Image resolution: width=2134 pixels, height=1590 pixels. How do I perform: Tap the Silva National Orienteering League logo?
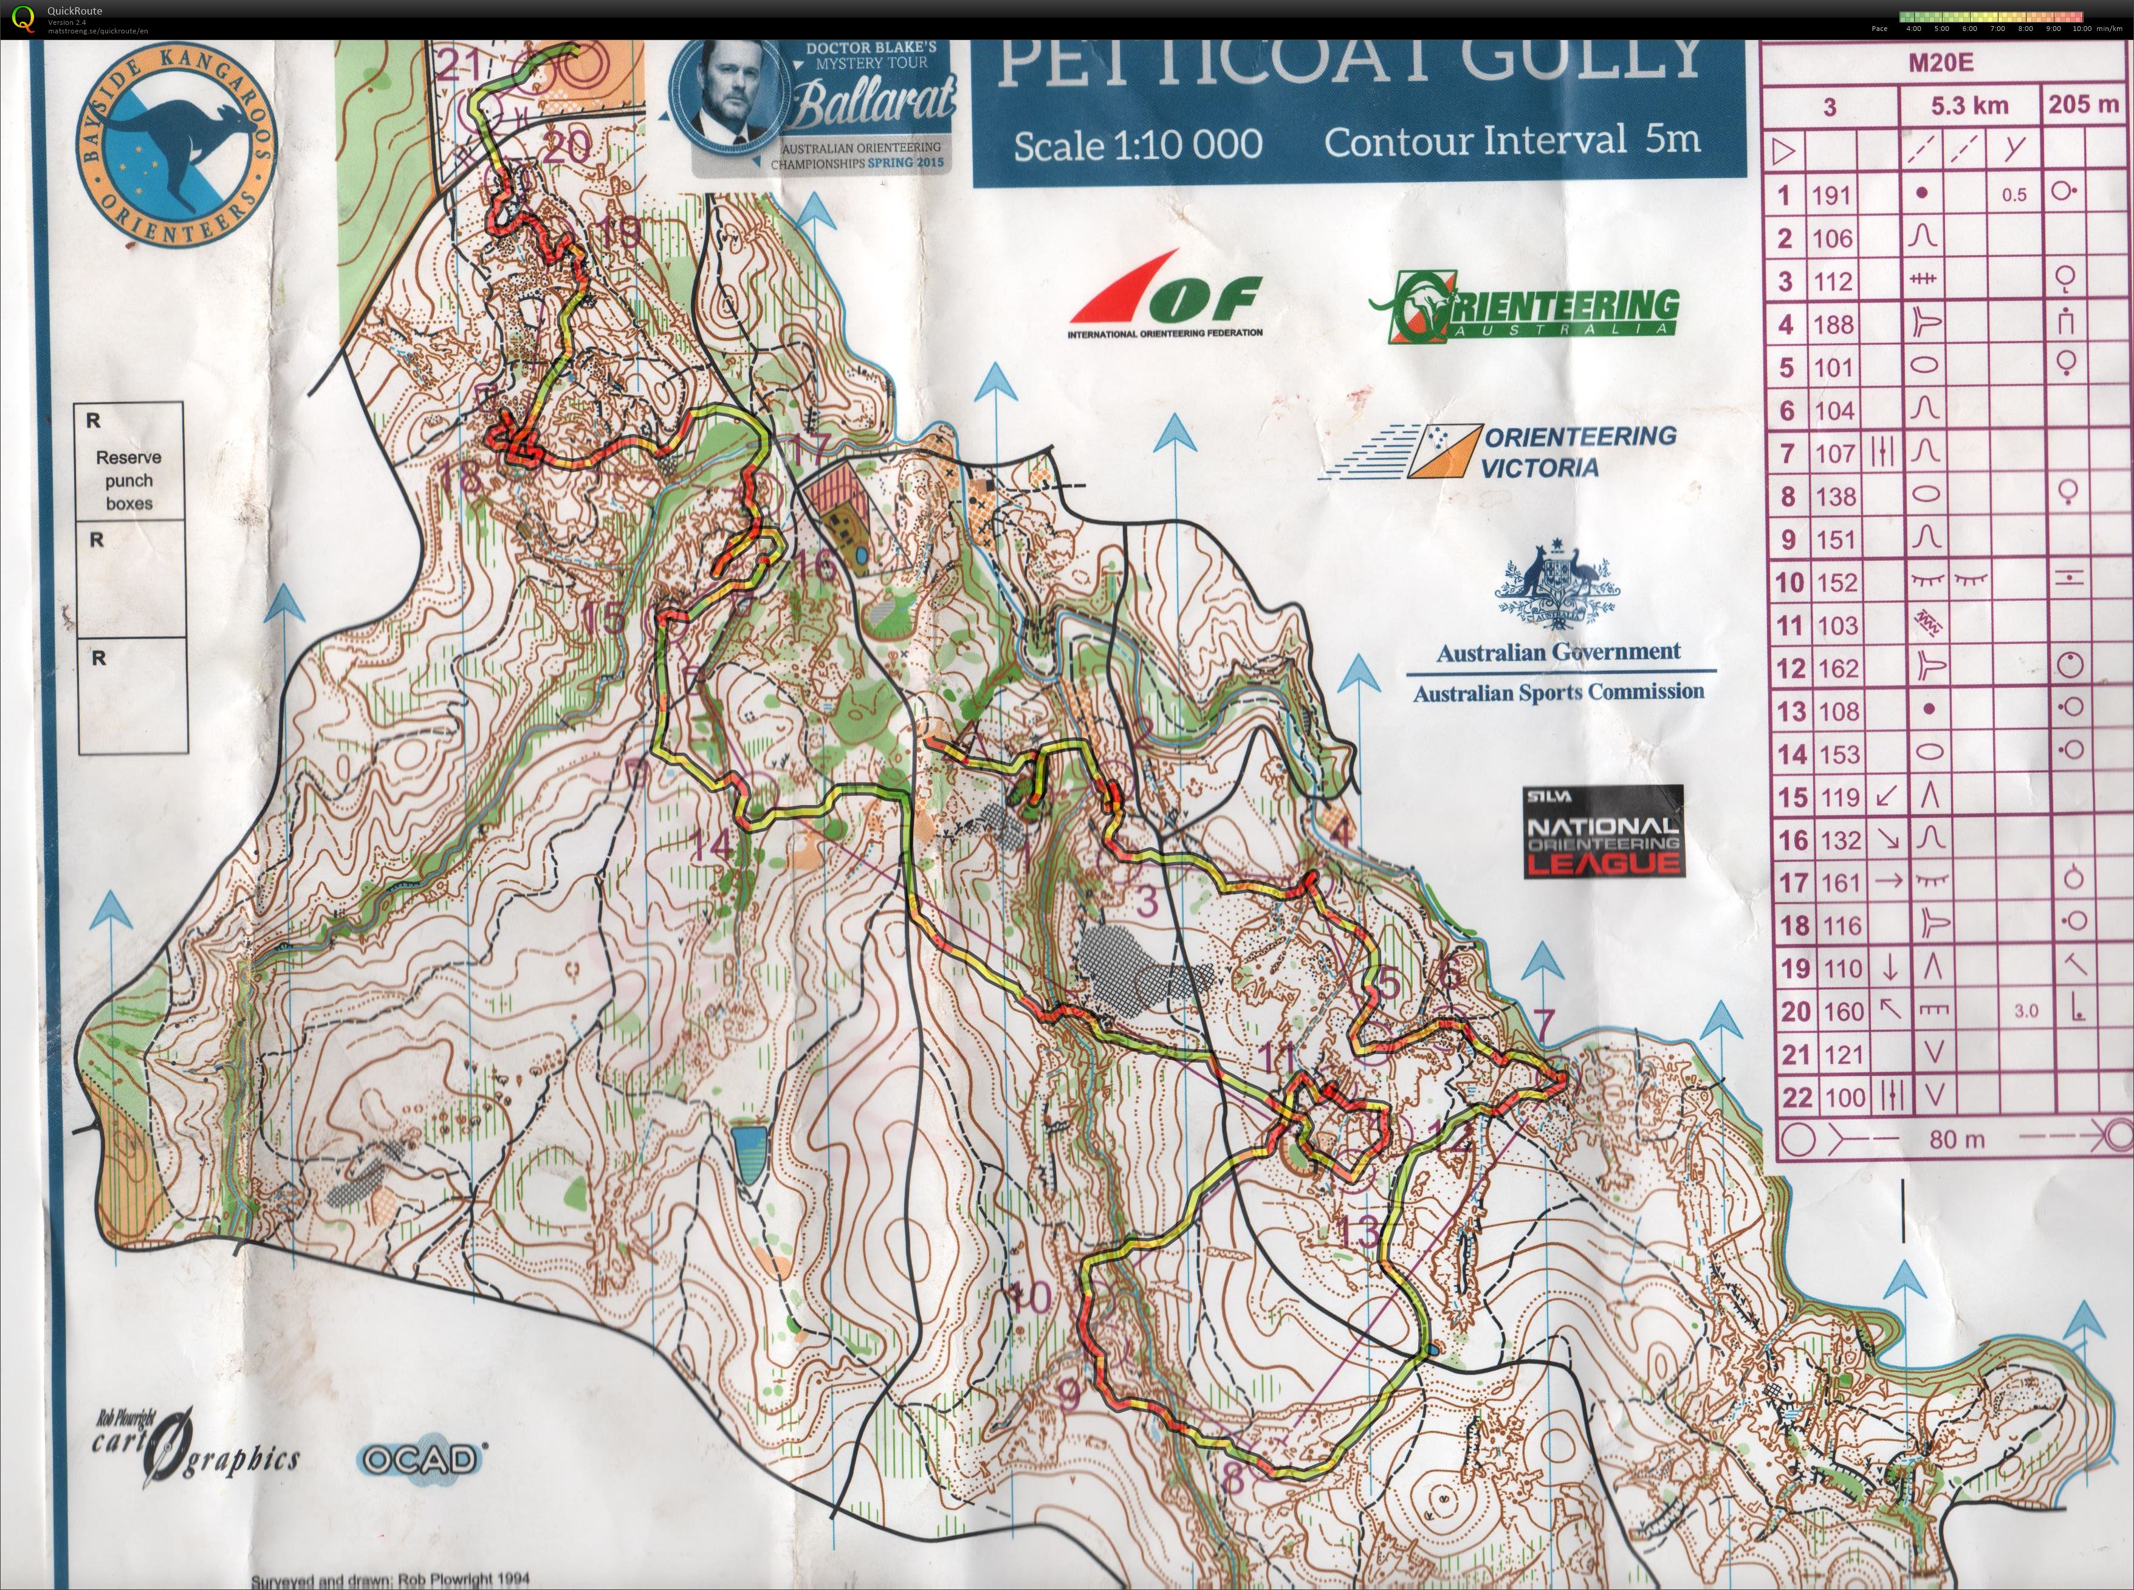coord(1603,832)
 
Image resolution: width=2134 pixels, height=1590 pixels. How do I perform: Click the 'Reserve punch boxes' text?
coord(129,479)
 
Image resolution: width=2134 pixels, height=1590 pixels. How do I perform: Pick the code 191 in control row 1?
coord(1831,196)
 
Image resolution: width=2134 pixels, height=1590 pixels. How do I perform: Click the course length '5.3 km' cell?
coord(1969,106)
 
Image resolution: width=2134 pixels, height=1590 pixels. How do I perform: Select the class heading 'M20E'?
coord(1941,64)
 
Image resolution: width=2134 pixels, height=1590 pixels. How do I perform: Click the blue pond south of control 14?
coord(747,1154)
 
